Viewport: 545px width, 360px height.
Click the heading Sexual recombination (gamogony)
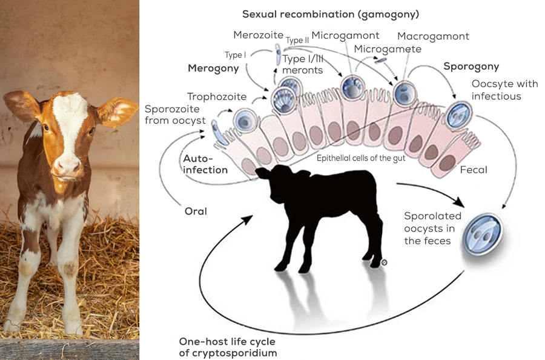[x=331, y=14]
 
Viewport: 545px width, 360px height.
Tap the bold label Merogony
[x=213, y=68]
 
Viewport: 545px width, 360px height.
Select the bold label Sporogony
[x=471, y=66]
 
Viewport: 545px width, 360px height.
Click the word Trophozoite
[x=217, y=96]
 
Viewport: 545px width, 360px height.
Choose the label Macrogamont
[x=433, y=36]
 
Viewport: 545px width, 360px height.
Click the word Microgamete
[x=388, y=48]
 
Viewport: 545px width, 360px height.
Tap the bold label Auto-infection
[x=205, y=164]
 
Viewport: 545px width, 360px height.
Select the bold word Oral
[x=196, y=212]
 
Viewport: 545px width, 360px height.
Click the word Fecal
[x=474, y=170]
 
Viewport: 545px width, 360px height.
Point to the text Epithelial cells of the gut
[x=361, y=158]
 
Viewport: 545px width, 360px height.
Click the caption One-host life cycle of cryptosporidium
[x=228, y=346]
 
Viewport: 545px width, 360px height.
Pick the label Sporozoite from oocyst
[x=175, y=115]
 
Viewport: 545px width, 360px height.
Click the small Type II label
[x=297, y=40]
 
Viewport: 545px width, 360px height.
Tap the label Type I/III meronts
[x=303, y=64]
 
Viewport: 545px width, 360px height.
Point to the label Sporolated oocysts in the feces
[x=432, y=228]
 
